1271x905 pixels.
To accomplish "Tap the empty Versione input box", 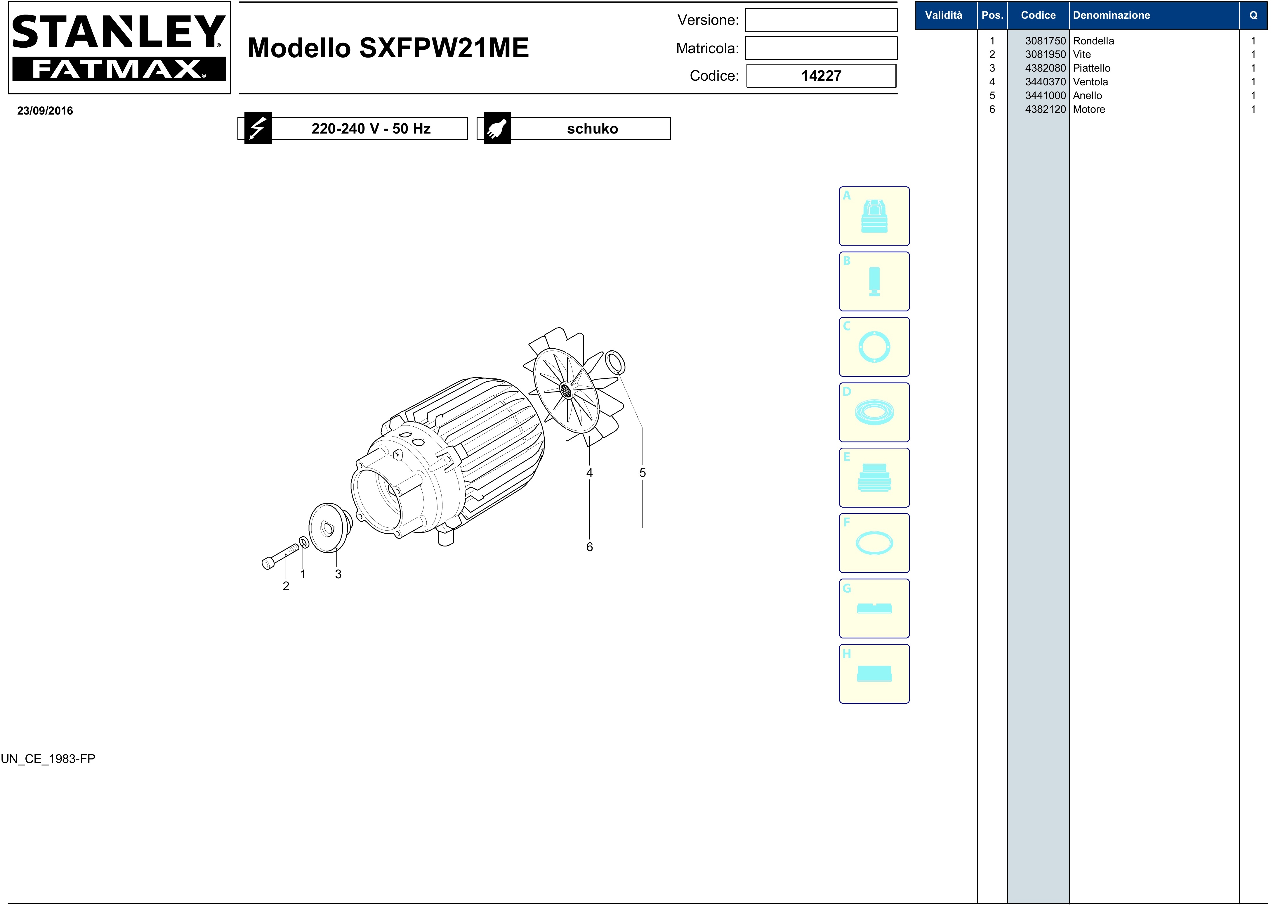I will tap(821, 20).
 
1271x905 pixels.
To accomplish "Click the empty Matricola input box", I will tap(821, 49).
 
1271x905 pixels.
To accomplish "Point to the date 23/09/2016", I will tap(45, 111).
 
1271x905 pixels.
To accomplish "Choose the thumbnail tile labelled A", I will tap(874, 216).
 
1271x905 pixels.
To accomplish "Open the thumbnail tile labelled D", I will tap(874, 412).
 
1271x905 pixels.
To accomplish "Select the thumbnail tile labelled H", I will tap(874, 674).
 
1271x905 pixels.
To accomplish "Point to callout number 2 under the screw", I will tap(286, 586).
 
